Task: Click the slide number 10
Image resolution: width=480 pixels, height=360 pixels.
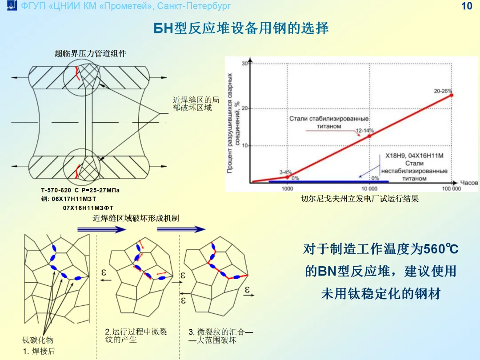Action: [x=467, y=6]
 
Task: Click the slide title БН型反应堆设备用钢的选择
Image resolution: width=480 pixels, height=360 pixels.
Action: [x=241, y=28]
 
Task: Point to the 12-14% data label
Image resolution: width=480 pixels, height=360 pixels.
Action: [x=364, y=131]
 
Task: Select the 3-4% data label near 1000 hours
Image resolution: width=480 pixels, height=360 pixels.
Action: [x=285, y=172]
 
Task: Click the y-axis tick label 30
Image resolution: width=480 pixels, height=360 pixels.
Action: [x=244, y=63]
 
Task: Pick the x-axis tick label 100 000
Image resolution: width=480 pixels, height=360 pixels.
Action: [x=451, y=188]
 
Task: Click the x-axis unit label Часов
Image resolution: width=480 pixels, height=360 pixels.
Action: [x=468, y=182]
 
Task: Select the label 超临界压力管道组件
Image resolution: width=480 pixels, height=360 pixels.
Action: [x=91, y=53]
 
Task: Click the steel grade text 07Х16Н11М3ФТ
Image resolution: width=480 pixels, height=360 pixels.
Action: [x=88, y=208]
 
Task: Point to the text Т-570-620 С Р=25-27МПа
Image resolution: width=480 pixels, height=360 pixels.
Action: [x=80, y=190]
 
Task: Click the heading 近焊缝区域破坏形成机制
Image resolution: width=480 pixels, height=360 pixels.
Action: [x=136, y=218]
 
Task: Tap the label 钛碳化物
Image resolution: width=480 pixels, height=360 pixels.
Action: [x=38, y=340]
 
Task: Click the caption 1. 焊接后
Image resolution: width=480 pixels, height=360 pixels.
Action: [x=39, y=351]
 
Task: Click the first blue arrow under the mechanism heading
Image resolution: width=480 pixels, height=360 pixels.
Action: [x=101, y=229]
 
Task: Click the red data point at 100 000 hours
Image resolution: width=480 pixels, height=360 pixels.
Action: [x=451, y=95]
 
